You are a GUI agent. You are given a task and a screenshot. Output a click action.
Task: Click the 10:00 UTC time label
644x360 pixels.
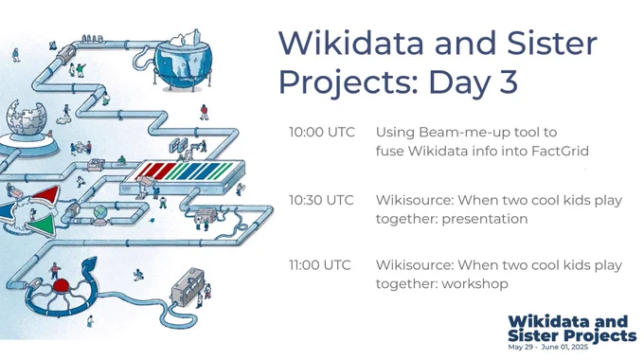(x=322, y=133)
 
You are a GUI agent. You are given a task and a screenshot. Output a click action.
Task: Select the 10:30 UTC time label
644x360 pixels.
(x=321, y=200)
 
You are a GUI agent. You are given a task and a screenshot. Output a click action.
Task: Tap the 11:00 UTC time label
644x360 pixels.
(x=320, y=265)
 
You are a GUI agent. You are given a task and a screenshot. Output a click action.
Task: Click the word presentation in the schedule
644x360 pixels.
(x=485, y=219)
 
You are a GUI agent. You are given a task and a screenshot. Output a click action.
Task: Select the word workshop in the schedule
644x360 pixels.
(x=474, y=284)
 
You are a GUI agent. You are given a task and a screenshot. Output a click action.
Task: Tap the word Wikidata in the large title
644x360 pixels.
(x=351, y=43)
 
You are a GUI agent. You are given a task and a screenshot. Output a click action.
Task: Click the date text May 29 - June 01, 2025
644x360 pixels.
(x=548, y=348)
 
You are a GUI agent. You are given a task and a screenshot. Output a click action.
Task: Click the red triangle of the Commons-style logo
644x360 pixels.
(x=46, y=195)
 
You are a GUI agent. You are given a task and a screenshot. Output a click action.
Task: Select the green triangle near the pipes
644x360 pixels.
(x=42, y=224)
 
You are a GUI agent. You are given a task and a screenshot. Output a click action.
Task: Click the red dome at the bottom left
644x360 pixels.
(x=61, y=285)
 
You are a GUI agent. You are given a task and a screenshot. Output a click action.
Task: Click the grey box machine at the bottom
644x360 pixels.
(x=188, y=286)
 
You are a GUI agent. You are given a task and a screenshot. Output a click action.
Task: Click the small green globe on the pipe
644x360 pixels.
(x=99, y=212)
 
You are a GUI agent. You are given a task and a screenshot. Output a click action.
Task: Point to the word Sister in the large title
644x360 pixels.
(x=551, y=43)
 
